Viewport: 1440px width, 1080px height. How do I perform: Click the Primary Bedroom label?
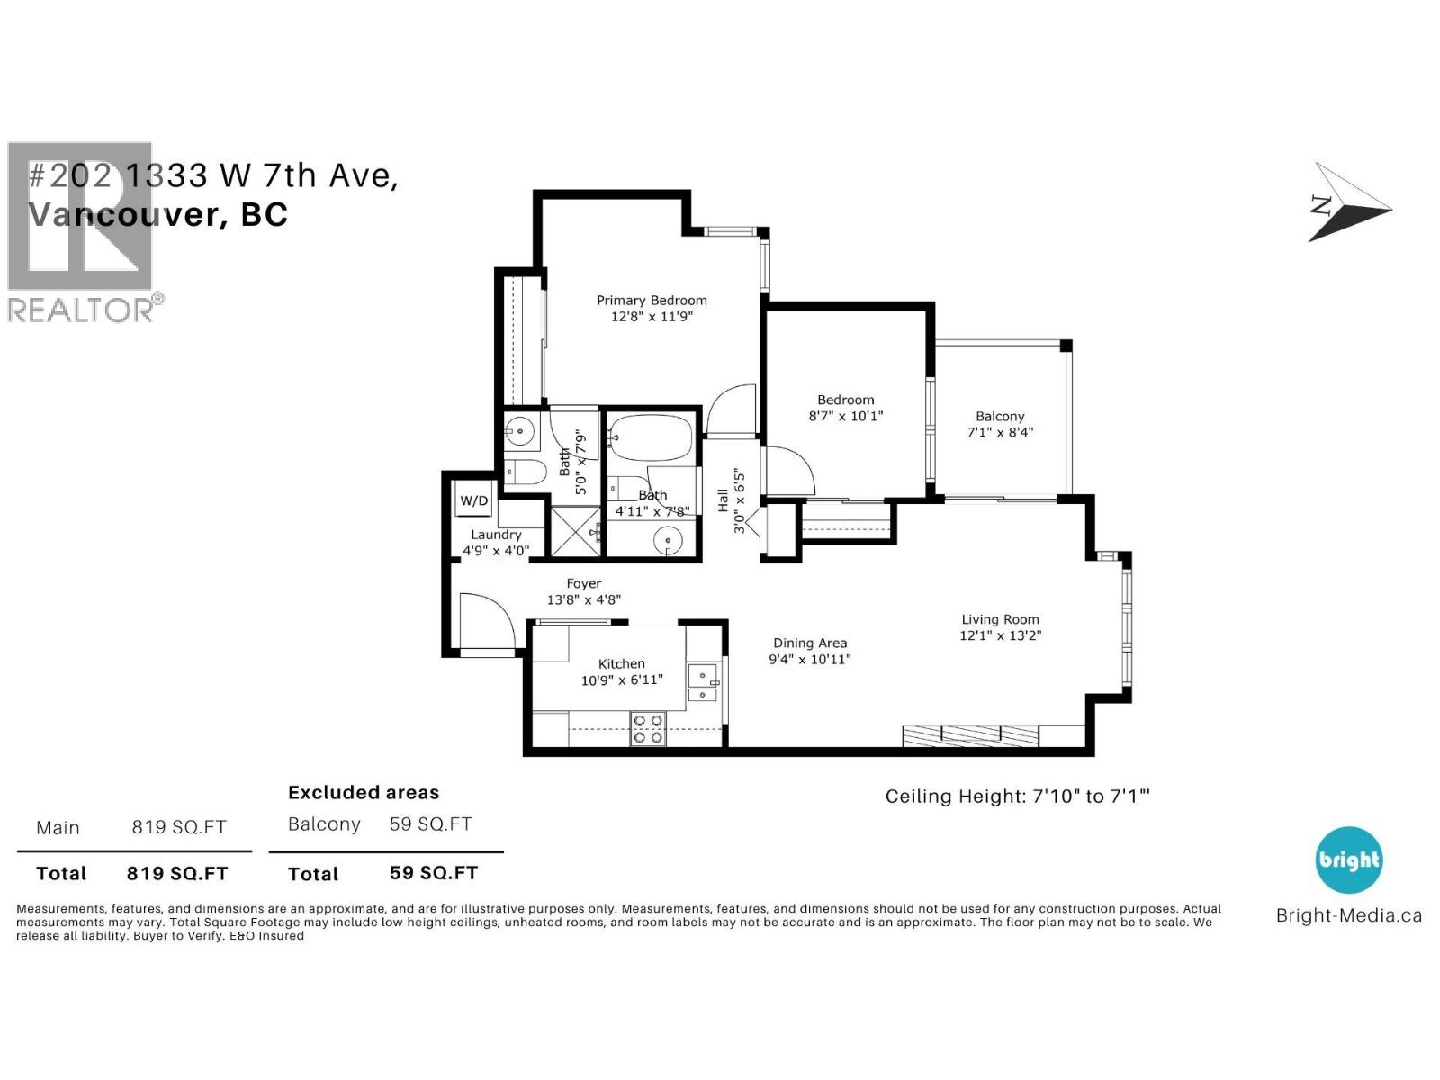coord(652,301)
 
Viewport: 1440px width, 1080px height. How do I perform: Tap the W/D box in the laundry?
coord(474,500)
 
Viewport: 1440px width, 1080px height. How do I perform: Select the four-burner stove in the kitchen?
coord(647,728)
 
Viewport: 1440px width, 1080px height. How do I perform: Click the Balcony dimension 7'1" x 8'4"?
coord(1000,432)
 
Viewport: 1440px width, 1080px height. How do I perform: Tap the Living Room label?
coord(1000,619)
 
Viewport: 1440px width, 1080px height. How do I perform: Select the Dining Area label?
coord(810,643)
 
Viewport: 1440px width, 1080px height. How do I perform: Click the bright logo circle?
coord(1348,859)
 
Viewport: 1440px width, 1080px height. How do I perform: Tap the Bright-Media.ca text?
coord(1348,916)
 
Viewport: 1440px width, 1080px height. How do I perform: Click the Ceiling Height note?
coord(1017,796)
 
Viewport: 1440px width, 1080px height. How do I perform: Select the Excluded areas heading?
coord(364,793)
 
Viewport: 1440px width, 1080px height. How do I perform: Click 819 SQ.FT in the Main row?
coord(179,827)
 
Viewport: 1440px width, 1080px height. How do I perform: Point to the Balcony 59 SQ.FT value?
coord(430,824)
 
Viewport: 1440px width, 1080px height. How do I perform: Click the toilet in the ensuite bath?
coord(526,472)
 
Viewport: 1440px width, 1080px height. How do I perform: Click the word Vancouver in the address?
coord(123,214)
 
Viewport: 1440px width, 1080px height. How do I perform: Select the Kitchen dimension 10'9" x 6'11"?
coord(622,680)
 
